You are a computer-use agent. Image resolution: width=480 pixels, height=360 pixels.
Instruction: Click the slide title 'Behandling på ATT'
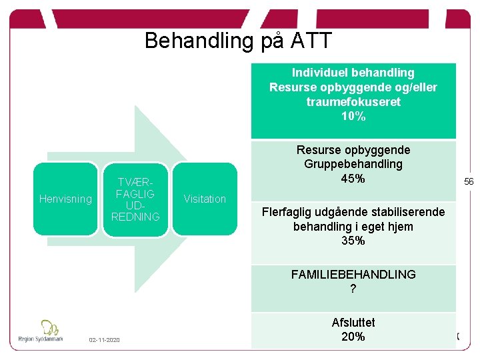(238, 41)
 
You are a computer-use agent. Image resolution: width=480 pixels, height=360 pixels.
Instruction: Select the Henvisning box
(65, 199)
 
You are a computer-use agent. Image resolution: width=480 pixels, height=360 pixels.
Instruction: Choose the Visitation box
(205, 199)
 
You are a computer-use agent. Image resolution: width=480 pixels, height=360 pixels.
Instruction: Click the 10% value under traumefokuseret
(353, 117)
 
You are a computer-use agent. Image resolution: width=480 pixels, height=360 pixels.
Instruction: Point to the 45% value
(353, 179)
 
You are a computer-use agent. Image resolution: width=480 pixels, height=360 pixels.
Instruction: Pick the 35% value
(353, 241)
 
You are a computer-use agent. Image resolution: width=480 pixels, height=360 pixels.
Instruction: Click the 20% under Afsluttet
(353, 337)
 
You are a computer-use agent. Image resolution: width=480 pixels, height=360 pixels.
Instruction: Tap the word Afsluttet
(353, 323)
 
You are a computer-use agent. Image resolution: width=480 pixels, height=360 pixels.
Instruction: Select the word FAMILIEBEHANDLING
(353, 274)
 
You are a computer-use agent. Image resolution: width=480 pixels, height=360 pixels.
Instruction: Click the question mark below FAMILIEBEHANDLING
(353, 289)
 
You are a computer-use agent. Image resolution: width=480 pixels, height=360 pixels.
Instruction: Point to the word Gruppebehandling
(353, 164)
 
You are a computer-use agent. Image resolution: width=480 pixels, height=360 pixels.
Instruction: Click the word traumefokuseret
(353, 102)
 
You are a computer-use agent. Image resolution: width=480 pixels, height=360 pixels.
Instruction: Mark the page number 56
(469, 181)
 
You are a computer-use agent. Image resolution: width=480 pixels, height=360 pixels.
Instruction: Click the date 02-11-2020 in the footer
(105, 341)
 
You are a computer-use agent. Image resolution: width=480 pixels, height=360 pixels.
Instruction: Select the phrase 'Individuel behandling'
(353, 73)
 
